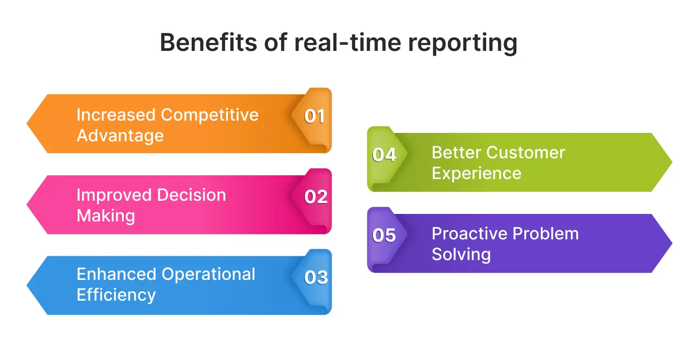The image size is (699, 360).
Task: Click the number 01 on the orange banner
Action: click(x=314, y=116)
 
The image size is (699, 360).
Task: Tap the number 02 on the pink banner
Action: click(x=316, y=197)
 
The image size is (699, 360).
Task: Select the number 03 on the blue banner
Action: click(x=316, y=278)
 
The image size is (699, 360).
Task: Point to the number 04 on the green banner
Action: click(x=384, y=155)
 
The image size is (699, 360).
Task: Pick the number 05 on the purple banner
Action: click(x=384, y=236)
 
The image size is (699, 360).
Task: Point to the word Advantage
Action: click(x=120, y=136)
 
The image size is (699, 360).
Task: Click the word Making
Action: click(x=106, y=216)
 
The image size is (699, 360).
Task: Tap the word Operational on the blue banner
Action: click(x=208, y=274)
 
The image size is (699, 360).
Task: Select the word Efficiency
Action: click(x=116, y=295)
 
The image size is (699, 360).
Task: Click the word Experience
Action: click(x=476, y=173)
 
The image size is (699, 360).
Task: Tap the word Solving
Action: click(x=461, y=254)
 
